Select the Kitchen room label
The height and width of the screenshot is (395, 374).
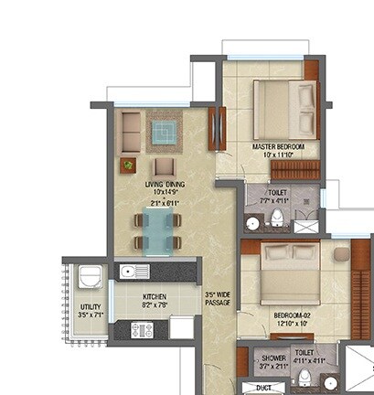[x=154, y=297]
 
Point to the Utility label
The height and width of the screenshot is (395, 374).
[x=90, y=306]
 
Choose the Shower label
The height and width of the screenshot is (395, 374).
[x=273, y=358]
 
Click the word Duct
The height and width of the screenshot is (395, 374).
[x=263, y=388]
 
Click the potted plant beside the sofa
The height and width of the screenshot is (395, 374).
[x=127, y=165]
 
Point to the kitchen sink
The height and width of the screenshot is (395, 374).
[x=133, y=272]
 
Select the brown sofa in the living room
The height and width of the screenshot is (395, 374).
[x=132, y=132]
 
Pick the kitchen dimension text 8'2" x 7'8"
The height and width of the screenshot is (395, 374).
[x=154, y=306]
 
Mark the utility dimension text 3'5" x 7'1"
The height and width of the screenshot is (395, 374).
[x=90, y=315]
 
